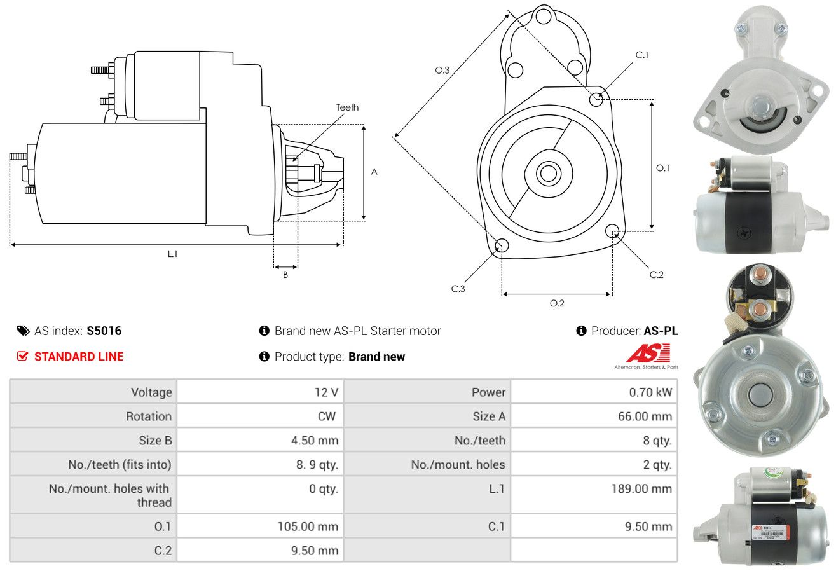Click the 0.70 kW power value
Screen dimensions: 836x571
click(650, 392)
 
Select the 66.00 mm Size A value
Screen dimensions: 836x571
click(645, 416)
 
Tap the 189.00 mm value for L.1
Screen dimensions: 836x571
click(641, 488)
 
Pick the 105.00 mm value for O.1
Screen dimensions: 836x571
click(308, 526)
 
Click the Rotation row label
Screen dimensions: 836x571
click(149, 416)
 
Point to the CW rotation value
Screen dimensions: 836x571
click(327, 416)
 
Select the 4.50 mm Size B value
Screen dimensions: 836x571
click(315, 441)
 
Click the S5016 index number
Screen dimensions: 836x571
click(104, 331)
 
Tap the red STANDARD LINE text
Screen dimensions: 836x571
click(79, 357)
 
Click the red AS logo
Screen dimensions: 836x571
click(648, 353)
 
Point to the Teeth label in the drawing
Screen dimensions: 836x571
click(347, 107)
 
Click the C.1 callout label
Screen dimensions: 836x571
click(642, 55)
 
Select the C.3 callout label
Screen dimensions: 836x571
click(458, 289)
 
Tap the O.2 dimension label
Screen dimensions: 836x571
click(557, 303)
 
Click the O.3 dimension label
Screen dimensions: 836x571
click(442, 70)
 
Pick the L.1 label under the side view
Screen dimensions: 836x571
click(172, 254)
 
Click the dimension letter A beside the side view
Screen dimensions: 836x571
click(374, 172)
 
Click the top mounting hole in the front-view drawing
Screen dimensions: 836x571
click(544, 16)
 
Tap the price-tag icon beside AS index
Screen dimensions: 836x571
click(23, 331)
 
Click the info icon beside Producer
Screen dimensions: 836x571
click(581, 331)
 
